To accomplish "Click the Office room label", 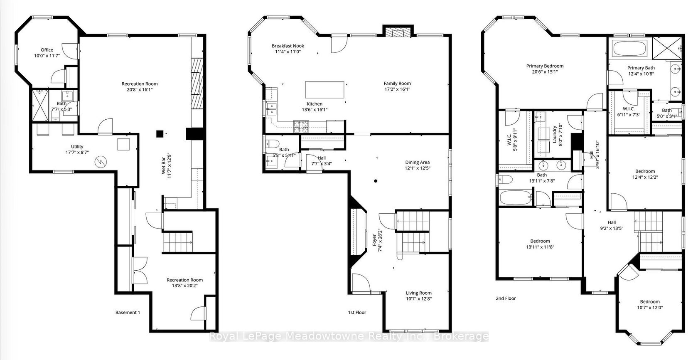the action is click(x=47, y=50).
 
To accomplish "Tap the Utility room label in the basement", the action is click(x=77, y=146).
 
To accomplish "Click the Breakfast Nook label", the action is click(x=288, y=46).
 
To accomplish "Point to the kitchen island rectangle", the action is click(x=325, y=90).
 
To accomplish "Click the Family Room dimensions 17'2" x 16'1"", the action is click(x=397, y=89).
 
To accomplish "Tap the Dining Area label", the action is click(x=417, y=162).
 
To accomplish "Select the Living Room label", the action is click(x=418, y=293).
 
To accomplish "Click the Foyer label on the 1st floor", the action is click(x=375, y=240).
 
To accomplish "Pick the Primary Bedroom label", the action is click(x=545, y=66).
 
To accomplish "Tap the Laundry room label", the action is click(x=555, y=134).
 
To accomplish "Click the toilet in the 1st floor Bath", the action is click(x=273, y=144).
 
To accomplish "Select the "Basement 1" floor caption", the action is click(x=128, y=312).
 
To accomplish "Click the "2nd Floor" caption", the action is click(x=506, y=298).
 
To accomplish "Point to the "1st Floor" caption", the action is click(x=357, y=312).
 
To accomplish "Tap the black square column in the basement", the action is click(x=160, y=134).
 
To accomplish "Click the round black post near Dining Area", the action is click(x=376, y=181).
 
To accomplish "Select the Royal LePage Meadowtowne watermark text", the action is click(x=349, y=336).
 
